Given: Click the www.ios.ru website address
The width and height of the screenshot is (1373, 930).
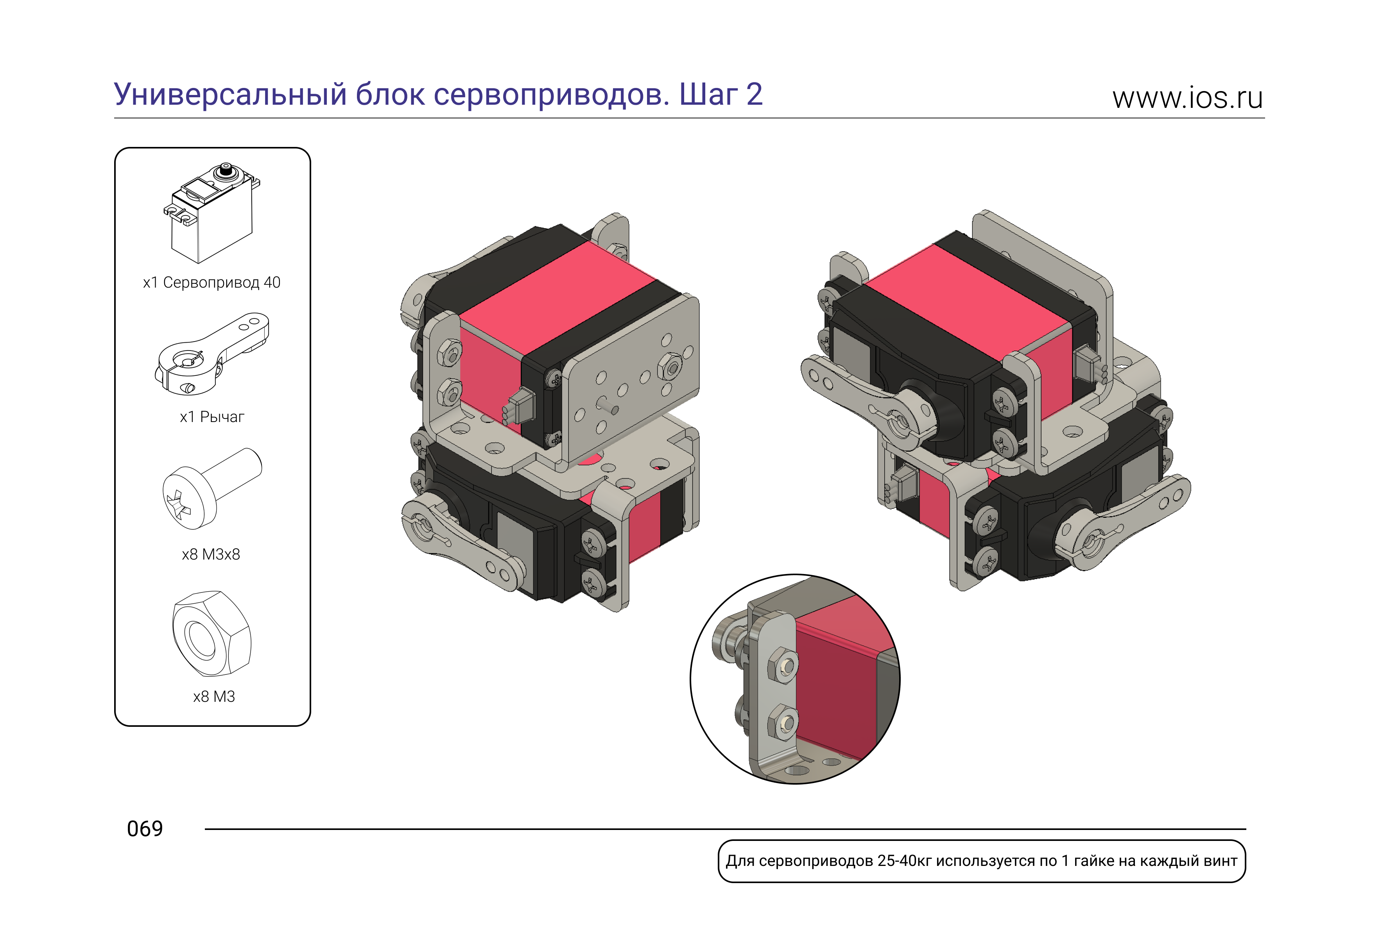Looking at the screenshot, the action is coord(1187,98).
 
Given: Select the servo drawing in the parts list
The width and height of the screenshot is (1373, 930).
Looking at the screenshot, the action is coord(212,213).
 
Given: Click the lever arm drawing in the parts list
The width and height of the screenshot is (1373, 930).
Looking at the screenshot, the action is coord(212,354).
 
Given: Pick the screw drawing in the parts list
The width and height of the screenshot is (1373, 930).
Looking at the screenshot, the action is coord(212,488).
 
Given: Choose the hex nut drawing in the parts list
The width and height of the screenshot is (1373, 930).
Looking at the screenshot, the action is coord(212,633).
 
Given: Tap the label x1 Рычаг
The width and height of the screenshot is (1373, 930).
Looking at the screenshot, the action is coord(212,417).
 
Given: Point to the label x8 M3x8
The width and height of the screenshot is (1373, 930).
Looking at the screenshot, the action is coord(211,554).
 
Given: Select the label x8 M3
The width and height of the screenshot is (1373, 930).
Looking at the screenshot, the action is coord(214,697).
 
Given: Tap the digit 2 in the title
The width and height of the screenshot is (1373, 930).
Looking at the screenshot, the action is coord(754,95).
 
